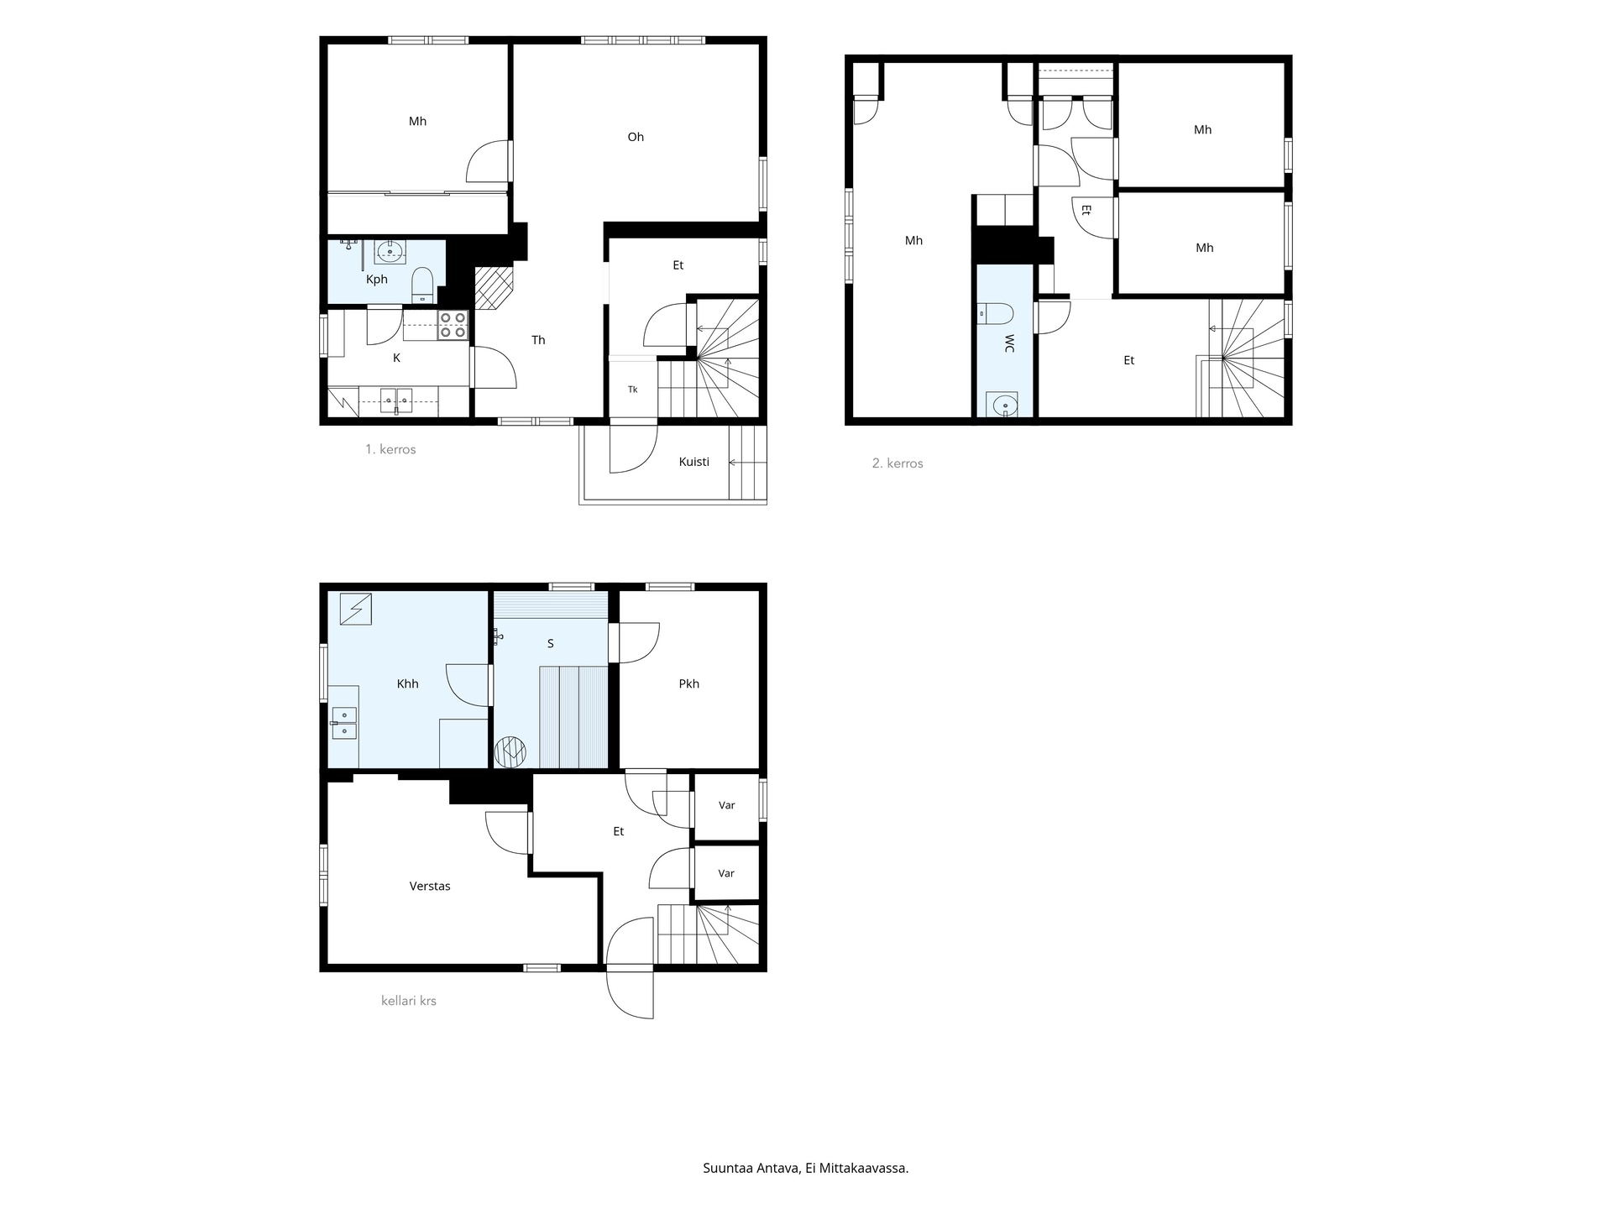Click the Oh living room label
pos(636,137)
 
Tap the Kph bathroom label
pos(376,280)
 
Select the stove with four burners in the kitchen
pos(453,325)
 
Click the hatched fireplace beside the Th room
pos(494,287)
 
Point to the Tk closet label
pos(632,390)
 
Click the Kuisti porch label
pos(694,462)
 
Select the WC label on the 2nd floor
pos(1009,343)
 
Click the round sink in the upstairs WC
pos(1004,406)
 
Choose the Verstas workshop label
pos(430,886)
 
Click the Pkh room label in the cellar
pos(688,683)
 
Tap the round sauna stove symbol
pos(510,751)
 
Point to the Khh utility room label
pos(407,683)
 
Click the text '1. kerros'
pos(390,449)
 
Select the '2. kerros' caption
pos(898,463)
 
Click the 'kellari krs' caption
pos(409,1001)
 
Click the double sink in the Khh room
pos(344,723)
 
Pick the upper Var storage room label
pos(727,805)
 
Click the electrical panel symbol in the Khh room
pos(356,609)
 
